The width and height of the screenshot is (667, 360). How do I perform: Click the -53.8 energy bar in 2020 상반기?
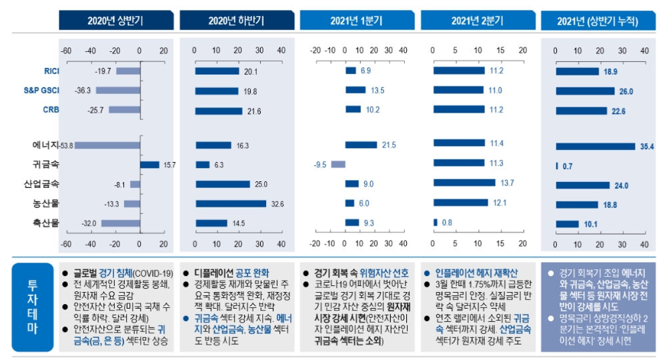(x=107, y=145)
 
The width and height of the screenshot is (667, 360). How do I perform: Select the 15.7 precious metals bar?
(x=149, y=165)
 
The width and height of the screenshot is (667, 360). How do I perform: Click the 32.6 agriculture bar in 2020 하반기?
(x=230, y=203)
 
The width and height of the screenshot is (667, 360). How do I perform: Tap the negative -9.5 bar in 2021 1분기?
(x=338, y=164)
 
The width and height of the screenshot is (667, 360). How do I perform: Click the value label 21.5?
(x=388, y=145)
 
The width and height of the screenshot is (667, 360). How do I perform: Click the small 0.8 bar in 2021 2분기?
(x=435, y=223)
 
